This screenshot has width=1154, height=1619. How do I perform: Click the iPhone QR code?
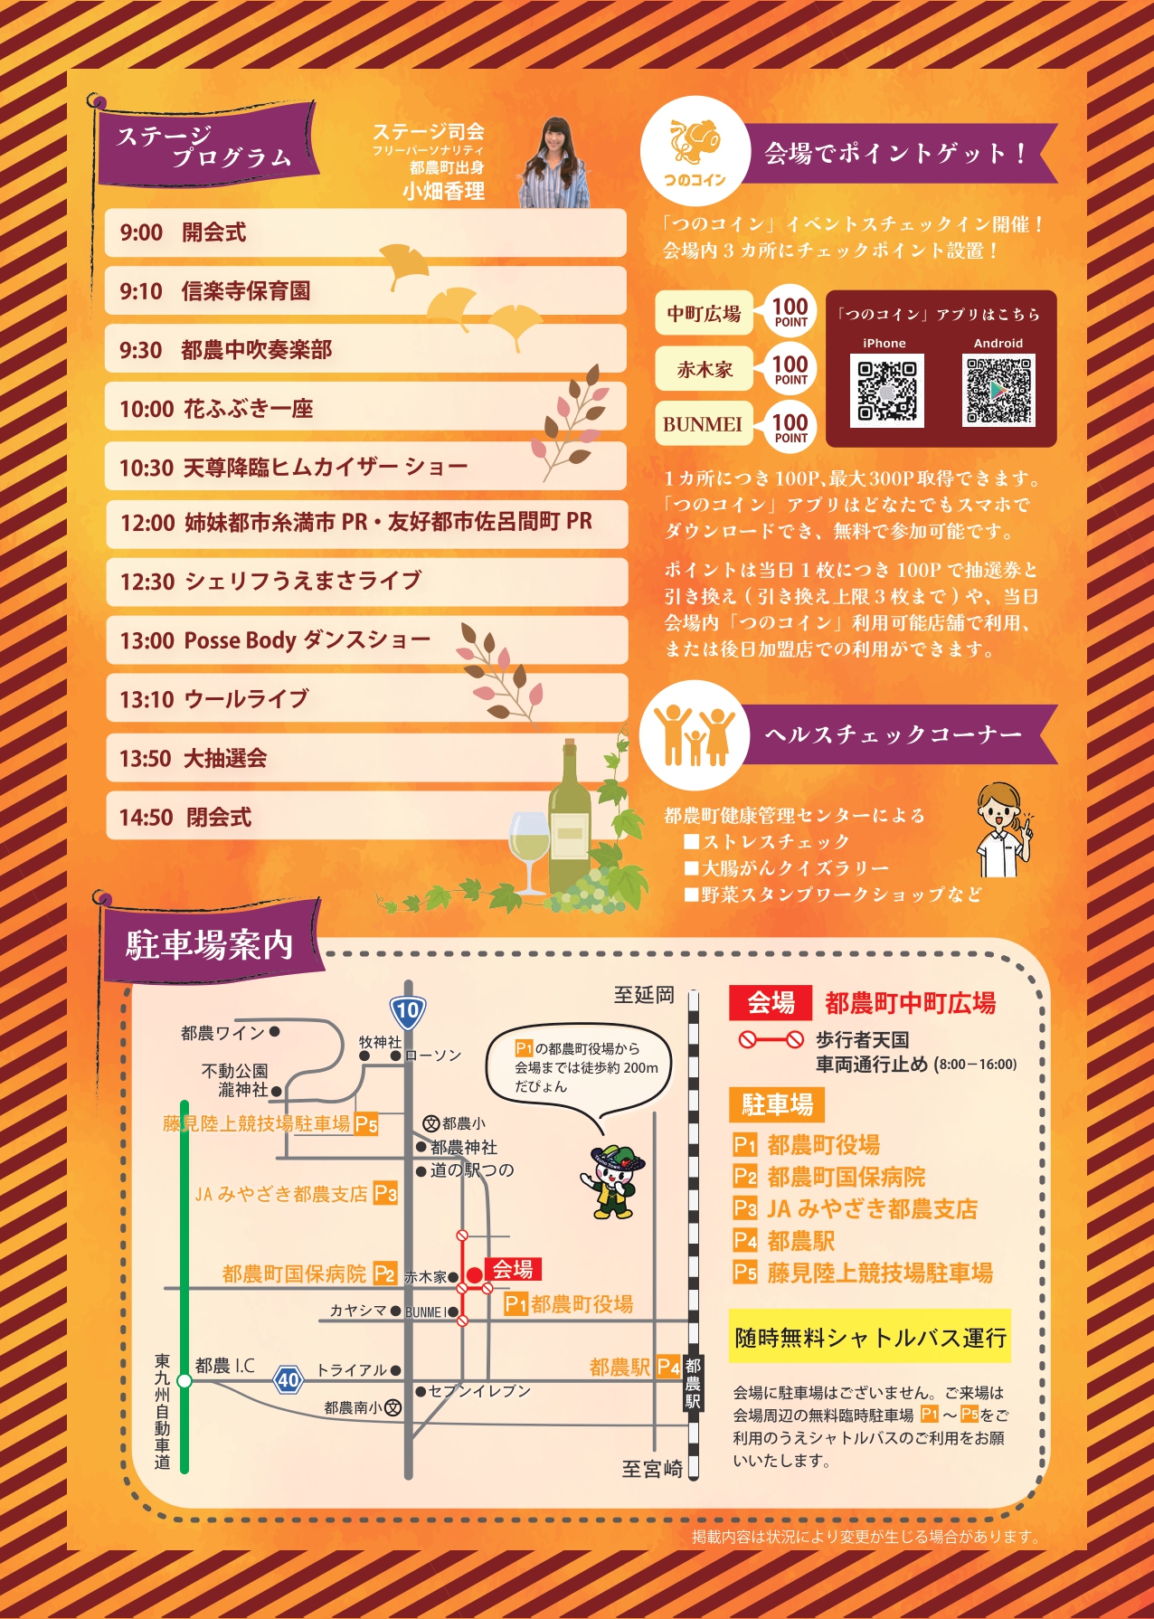(x=886, y=392)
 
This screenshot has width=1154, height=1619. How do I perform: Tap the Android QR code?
(x=999, y=392)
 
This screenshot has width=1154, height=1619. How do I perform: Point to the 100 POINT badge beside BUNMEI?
(x=790, y=427)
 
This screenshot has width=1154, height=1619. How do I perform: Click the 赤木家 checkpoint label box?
(x=705, y=369)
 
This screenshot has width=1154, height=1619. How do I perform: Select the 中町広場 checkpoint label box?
(x=705, y=314)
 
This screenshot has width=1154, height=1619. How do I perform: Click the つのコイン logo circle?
(x=695, y=152)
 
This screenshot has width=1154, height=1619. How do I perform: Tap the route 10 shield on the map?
(x=408, y=1011)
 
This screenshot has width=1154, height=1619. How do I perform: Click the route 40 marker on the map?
(x=288, y=1380)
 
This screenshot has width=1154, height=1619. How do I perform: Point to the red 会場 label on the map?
(x=513, y=1269)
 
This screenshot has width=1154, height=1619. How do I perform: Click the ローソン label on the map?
(x=433, y=1056)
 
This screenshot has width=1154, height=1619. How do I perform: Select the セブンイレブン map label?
(x=479, y=1391)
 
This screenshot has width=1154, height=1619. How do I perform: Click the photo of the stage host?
(x=554, y=162)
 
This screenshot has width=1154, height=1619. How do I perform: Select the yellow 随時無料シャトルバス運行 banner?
(x=869, y=1337)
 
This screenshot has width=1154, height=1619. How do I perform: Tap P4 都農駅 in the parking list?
(x=784, y=1240)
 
